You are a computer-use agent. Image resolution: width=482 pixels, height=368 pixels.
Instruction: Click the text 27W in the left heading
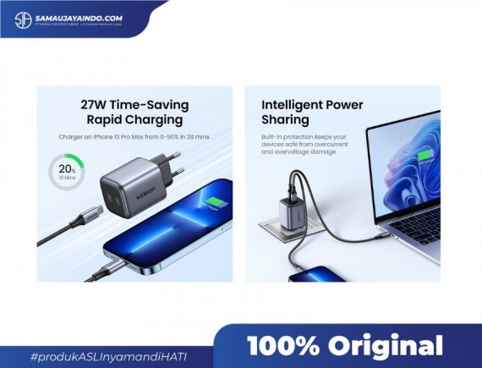(94, 106)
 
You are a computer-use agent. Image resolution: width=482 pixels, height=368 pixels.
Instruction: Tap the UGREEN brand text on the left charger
(143, 183)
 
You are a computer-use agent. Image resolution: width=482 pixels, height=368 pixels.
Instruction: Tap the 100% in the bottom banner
(282, 346)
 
